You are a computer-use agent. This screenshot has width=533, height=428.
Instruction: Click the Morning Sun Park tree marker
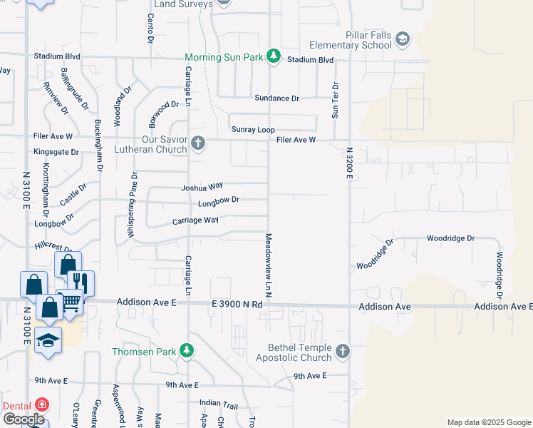coord(273,56)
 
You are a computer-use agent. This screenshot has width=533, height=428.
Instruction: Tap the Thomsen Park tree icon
coord(187,351)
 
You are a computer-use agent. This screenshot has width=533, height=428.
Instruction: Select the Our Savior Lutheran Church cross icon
coord(199,145)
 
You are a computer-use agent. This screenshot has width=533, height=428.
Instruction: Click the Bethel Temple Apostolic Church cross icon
coord(343,351)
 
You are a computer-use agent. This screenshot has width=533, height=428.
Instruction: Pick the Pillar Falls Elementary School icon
coord(403,39)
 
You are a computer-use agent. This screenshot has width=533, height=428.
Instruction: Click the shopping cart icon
coord(70,303)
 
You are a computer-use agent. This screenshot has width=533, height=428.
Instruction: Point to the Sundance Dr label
coord(276,98)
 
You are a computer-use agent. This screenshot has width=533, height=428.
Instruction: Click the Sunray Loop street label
coord(253,130)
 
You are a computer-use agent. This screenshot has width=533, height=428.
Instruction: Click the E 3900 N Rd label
coord(237,304)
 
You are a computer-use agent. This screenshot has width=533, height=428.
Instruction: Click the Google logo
coord(24,419)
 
